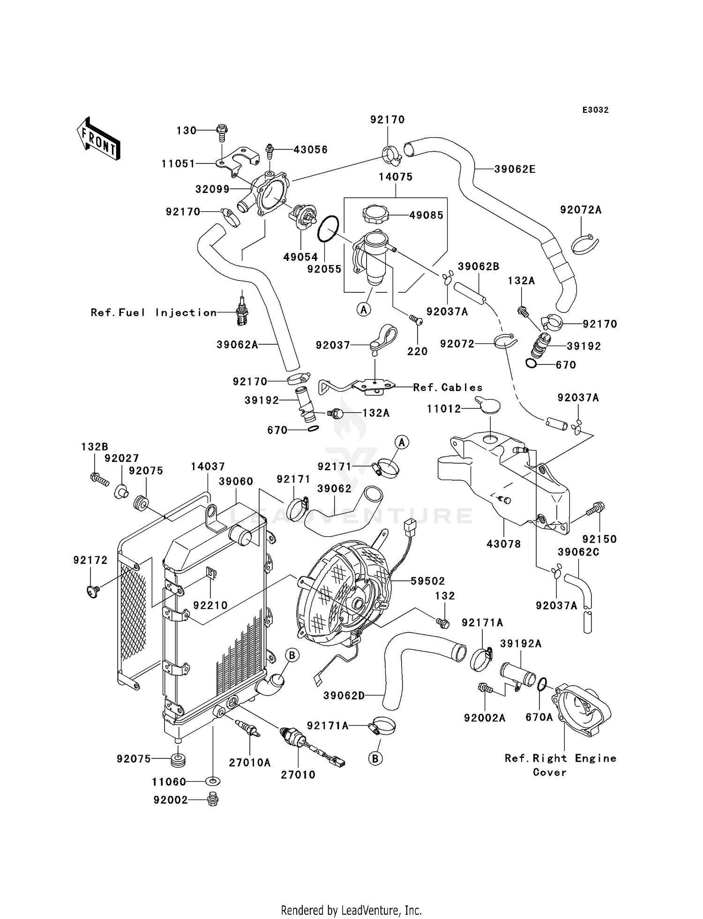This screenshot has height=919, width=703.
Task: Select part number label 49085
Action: (426, 215)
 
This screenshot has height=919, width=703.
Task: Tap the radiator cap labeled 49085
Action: (376, 215)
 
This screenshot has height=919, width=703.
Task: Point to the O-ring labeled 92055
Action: (328, 229)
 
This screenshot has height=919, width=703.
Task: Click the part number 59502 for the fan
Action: (427, 581)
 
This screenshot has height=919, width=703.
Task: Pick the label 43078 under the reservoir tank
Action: (504, 544)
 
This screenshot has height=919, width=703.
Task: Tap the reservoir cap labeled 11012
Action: (487, 406)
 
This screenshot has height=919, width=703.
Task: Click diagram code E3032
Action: (595, 110)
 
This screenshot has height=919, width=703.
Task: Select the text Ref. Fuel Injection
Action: (154, 312)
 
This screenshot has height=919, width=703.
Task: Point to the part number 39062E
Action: (515, 169)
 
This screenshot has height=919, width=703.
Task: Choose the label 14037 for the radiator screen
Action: (208, 467)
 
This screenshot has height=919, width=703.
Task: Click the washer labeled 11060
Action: (212, 781)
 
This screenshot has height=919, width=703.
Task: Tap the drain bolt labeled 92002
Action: (213, 799)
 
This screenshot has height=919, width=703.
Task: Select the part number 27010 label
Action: (298, 775)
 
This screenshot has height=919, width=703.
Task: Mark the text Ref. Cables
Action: (448, 387)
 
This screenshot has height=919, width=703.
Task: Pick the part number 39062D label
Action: (344, 696)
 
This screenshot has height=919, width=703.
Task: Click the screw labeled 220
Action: (416, 320)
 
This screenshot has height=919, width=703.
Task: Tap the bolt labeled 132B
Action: (99, 479)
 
